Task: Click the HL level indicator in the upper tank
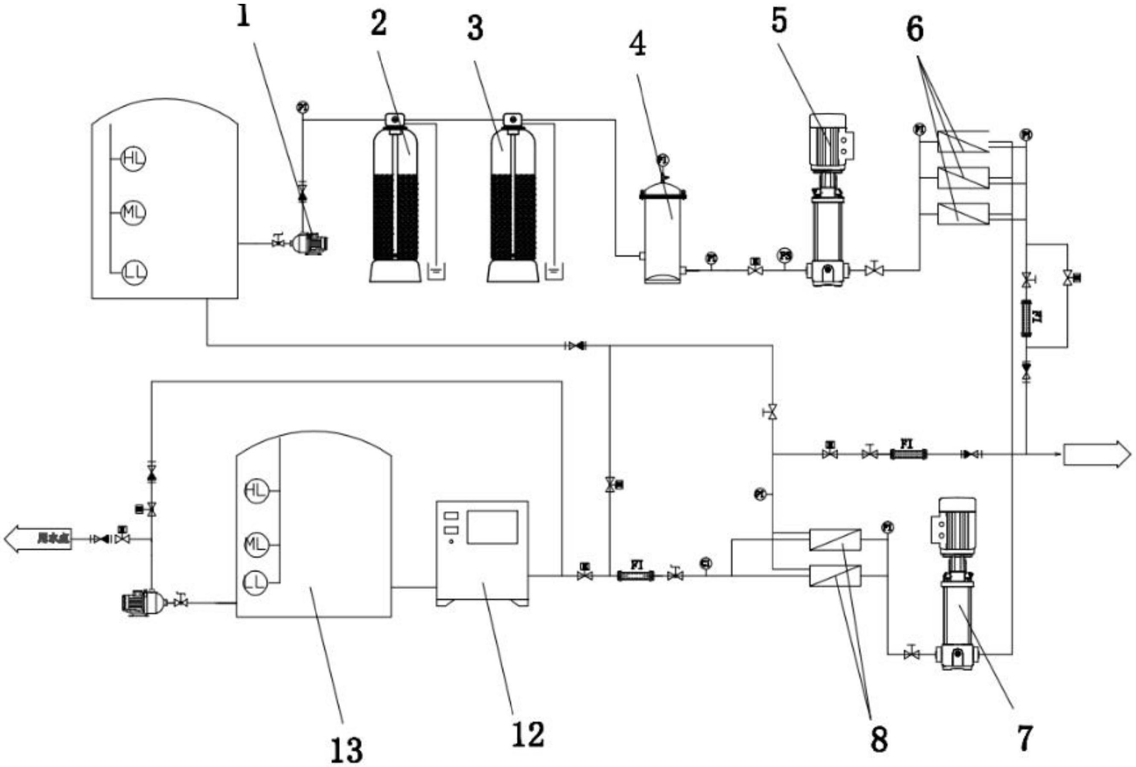134,158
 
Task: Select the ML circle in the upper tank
134,212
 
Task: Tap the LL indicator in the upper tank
134,272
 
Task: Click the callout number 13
347,750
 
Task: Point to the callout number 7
1025,738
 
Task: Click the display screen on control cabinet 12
492,527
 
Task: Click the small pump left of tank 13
142,602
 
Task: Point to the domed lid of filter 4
663,189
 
